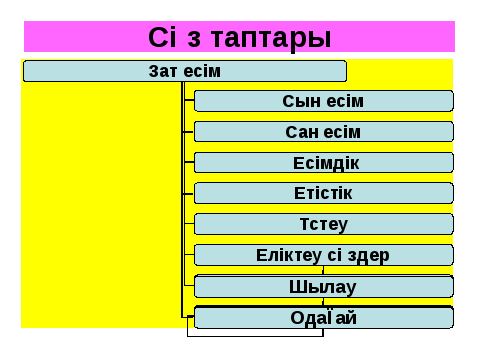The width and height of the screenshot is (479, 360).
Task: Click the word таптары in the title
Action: pyautogui.click(x=271, y=38)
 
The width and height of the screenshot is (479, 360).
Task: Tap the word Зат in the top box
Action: pyautogui.click(x=163, y=71)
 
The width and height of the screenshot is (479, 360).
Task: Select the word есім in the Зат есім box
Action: pyautogui.click(x=202, y=71)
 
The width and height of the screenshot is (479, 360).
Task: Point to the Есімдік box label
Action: pyautogui.click(x=326, y=163)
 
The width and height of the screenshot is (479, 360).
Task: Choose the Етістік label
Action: pyautogui.click(x=323, y=193)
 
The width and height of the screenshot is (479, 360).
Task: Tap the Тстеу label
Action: pyautogui.click(x=324, y=224)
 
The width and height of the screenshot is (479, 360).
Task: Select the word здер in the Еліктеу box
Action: pyautogui.click(x=369, y=256)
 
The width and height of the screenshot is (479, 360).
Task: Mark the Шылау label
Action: pyautogui.click(x=322, y=287)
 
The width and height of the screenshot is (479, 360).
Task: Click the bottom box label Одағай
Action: pyautogui.click(x=323, y=317)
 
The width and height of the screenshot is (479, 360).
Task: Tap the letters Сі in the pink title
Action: pyautogui.click(x=162, y=37)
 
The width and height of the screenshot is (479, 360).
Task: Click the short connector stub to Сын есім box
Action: pyautogui.click(x=189, y=100)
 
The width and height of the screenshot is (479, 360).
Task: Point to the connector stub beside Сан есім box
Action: pyautogui.click(x=188, y=132)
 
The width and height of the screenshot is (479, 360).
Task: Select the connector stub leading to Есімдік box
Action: pyautogui.click(x=189, y=162)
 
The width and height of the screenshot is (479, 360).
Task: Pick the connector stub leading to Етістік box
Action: pyautogui.click(x=188, y=194)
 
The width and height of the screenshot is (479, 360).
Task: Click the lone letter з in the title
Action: pyautogui.click(x=194, y=40)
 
